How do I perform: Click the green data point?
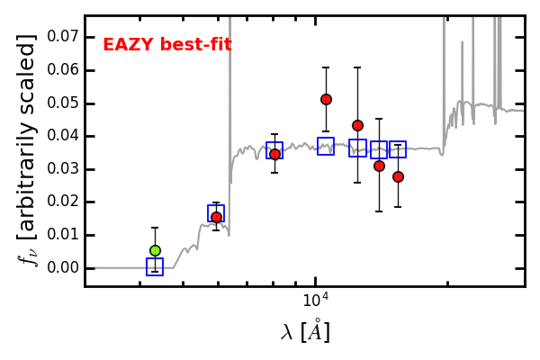pos(156,250)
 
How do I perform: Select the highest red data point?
pos(326,100)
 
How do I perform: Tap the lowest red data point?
pos(216,218)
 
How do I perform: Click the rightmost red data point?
pos(398,176)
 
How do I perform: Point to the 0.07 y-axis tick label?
pos(63,36)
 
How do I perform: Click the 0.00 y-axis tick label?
pos(63,267)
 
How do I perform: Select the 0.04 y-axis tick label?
pos(63,135)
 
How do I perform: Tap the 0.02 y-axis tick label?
pos(63,202)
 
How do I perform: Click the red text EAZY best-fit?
pos(167,45)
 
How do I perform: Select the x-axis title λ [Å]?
pos(305,331)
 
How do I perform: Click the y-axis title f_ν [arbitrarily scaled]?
pos(28,150)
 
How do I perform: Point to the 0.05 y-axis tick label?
pos(63,103)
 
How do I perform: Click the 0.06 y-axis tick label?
pos(63,69)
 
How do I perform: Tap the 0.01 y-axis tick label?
pos(63,235)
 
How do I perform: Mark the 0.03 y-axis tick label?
pos(63,168)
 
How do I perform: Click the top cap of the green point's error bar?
pos(155,228)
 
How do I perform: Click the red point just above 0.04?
pos(357,126)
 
